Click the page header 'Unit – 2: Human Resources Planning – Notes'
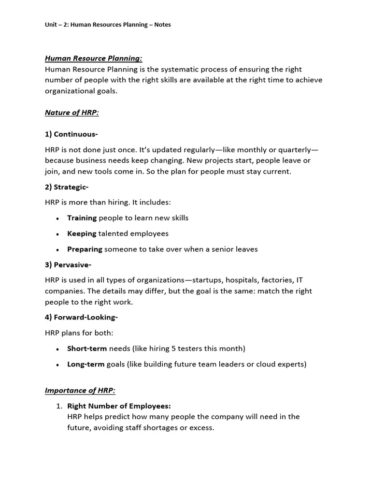[108, 25]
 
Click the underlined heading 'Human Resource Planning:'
[93, 58]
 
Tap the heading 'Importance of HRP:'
[80, 391]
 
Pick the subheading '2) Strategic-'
[67, 187]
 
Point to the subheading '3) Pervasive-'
[68, 265]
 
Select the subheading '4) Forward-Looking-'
[81, 317]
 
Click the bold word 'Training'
[82, 218]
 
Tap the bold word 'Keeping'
[82, 233]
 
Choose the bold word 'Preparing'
[85, 249]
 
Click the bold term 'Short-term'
[87, 349]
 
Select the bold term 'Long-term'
[86, 364]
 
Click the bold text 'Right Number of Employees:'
[119, 406]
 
